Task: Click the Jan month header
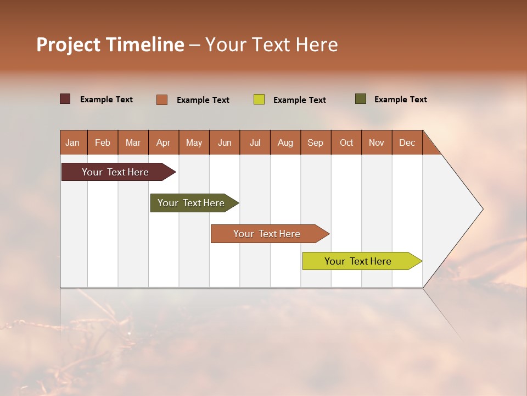click(x=73, y=142)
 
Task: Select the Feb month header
click(x=103, y=142)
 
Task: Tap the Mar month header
click(x=133, y=142)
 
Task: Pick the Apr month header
click(x=164, y=142)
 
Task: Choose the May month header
click(x=194, y=142)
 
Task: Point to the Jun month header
click(x=225, y=142)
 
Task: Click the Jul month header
click(x=255, y=142)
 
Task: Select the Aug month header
click(x=285, y=142)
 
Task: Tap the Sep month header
click(x=316, y=142)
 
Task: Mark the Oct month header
click(x=346, y=142)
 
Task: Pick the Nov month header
click(x=377, y=142)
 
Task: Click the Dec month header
click(x=407, y=142)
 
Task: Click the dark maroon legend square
click(x=65, y=99)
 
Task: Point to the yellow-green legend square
click(x=259, y=100)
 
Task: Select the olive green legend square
click(x=361, y=99)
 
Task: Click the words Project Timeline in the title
click(x=110, y=45)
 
